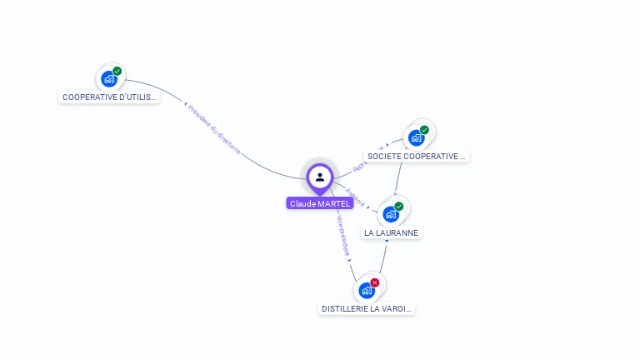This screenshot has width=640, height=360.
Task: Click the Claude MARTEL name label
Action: (320, 203)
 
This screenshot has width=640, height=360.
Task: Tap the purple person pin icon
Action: (320, 177)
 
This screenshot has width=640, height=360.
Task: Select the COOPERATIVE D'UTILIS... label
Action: (110, 97)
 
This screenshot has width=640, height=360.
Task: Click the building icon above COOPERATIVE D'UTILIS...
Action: (108, 79)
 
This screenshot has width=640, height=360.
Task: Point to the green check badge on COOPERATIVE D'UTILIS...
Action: (117, 71)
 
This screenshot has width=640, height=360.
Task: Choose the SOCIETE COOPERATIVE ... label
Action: (417, 156)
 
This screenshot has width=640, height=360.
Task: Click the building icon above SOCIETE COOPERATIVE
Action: (416, 137)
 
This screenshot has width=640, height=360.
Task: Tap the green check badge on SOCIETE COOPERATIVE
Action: (424, 130)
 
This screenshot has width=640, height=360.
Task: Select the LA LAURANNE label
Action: (391, 232)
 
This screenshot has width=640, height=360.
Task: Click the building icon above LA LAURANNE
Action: (390, 214)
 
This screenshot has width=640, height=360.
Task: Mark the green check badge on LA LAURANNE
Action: (399, 206)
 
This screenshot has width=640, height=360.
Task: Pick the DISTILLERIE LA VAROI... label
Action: (367, 308)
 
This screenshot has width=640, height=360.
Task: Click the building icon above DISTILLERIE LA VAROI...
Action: (366, 290)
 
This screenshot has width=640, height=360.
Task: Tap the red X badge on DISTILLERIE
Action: (375, 282)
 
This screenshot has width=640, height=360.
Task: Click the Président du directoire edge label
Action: (214, 129)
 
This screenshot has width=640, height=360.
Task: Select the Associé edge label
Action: (355, 198)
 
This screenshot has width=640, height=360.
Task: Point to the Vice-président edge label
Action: (342, 235)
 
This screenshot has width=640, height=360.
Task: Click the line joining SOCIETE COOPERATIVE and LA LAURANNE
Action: (399, 176)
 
